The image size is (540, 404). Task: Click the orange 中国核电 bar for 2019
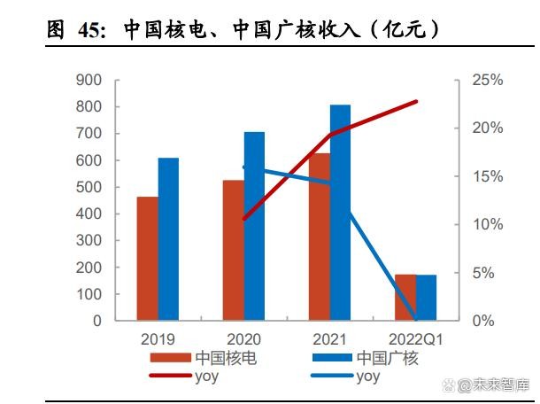tap(147, 258)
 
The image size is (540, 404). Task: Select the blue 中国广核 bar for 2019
tap(168, 238)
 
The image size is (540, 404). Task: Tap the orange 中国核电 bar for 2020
tap(233, 250)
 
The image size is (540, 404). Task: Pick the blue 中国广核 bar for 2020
tap(254, 226)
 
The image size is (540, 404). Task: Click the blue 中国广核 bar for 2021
tap(340, 213)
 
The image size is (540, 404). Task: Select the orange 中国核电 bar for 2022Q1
tap(405, 298)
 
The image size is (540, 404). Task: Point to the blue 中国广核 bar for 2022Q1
tap(426, 298)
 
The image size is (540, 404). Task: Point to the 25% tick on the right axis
tap(486, 81)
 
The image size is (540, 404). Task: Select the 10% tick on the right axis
tap(486, 225)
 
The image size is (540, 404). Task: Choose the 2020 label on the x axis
tap(243, 338)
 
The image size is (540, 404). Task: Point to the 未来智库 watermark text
tap(500, 385)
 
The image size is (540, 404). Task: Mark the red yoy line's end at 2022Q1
tap(415, 102)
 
